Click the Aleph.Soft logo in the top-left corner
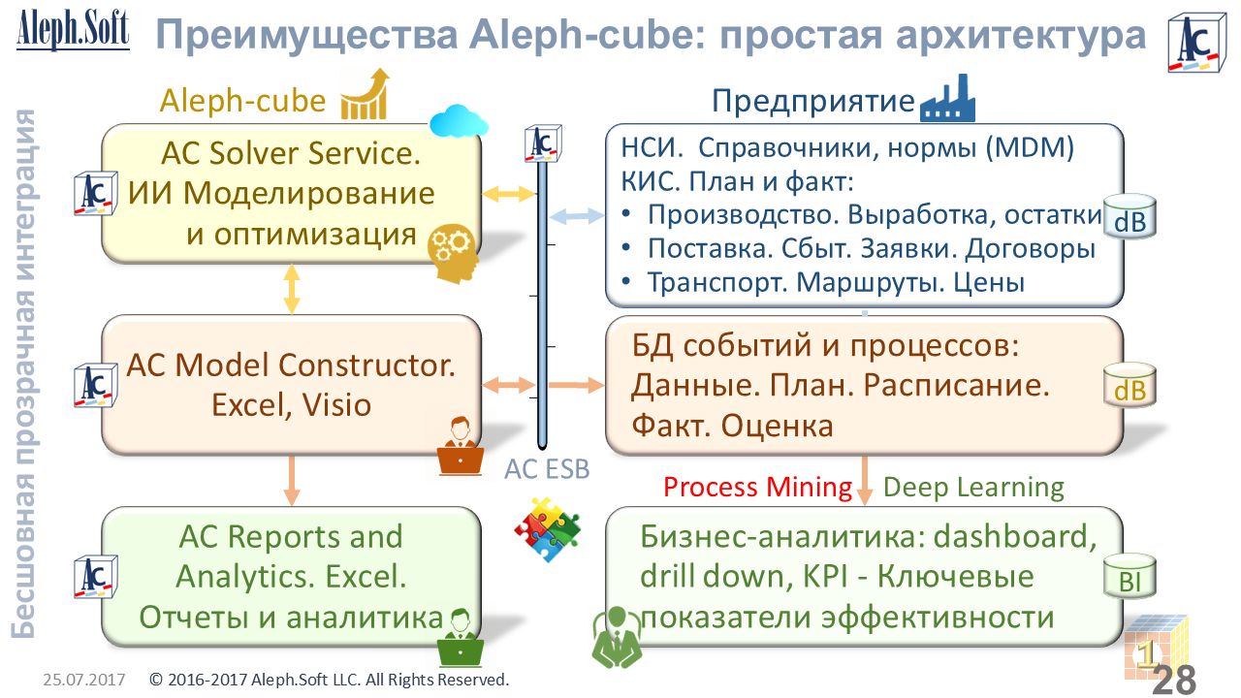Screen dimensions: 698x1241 [x=73, y=29]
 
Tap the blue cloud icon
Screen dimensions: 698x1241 [x=458, y=122]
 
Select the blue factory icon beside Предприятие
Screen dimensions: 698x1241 [x=947, y=98]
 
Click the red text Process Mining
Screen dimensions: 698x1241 [x=757, y=487]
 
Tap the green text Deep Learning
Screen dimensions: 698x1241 [x=974, y=487]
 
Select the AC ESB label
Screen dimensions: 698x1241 [x=547, y=469]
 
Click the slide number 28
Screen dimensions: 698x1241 [x=1174, y=680]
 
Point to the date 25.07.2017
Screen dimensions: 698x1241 [x=83, y=680]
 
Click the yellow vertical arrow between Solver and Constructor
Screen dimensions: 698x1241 [x=291, y=288]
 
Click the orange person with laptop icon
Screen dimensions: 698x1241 [x=461, y=446]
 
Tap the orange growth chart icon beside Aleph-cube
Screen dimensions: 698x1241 [x=365, y=94]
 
